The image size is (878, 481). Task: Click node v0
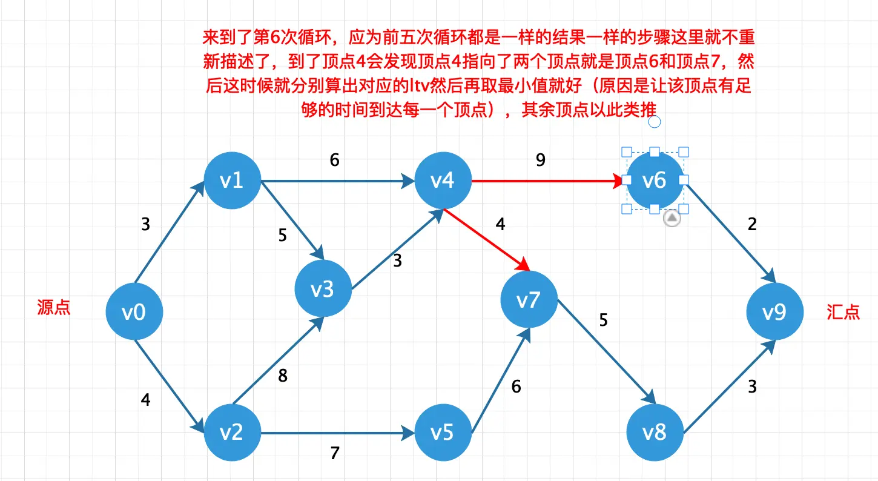point(134,313)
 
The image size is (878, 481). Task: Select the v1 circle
point(233,181)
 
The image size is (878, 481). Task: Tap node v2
point(233,432)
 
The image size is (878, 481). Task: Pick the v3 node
point(323,290)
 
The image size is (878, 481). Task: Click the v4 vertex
point(443,181)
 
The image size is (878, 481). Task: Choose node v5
point(443,432)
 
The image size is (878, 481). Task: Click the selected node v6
point(654,181)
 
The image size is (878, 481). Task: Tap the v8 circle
point(655,432)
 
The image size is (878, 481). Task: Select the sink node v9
point(774,313)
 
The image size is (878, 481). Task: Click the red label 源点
point(54,308)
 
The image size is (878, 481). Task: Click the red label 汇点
point(843,312)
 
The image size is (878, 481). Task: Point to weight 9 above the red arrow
point(541,160)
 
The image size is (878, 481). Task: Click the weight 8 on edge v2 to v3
point(283,376)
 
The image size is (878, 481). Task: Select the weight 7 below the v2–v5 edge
point(335,453)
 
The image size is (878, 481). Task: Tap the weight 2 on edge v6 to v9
point(752,225)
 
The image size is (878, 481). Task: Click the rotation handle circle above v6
point(655,122)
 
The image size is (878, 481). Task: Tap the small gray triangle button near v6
point(672,219)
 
